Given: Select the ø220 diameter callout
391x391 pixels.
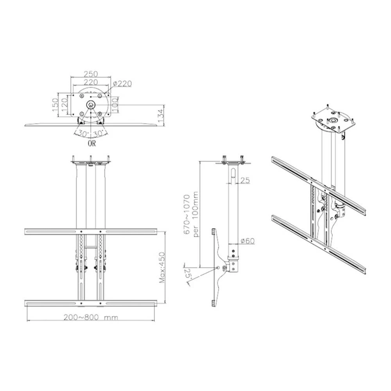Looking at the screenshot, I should coord(122,83).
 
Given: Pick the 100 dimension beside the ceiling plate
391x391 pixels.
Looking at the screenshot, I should coord(116,103).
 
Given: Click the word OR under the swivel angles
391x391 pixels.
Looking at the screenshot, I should coord(91,143).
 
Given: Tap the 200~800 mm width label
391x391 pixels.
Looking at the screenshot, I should coord(91,317).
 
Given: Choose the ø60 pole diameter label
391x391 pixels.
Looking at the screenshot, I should coord(248,241).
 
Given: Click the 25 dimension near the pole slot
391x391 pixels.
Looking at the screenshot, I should coord(245,180).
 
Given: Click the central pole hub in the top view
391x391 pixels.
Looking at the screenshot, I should coord(91,104).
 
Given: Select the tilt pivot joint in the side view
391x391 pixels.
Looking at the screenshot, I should coord(224,267).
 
